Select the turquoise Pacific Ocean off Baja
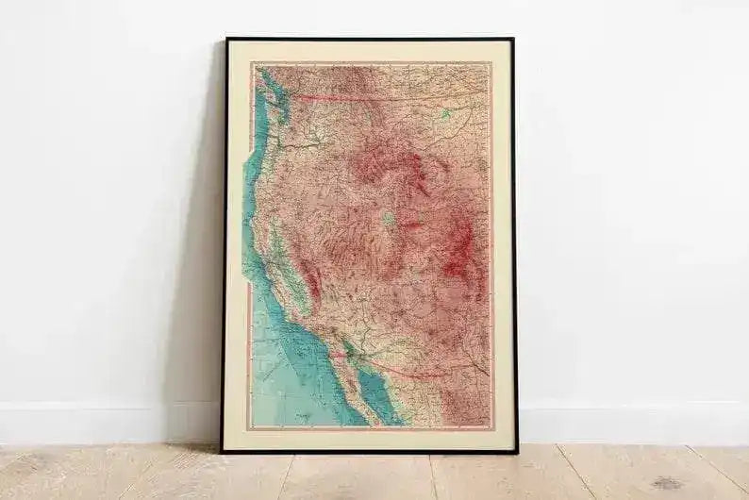tap(283, 377)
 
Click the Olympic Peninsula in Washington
tap(262, 94)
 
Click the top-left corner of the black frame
tap(226, 41)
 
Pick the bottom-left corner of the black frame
tap(222, 452)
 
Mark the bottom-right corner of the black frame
tap(517, 452)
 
